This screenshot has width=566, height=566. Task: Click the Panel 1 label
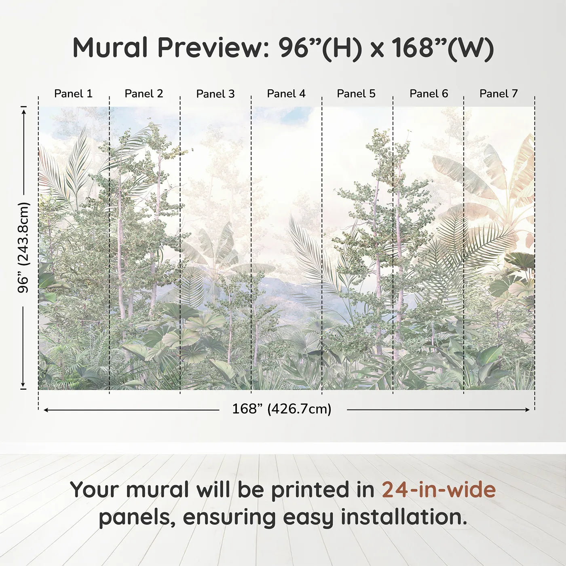(73, 93)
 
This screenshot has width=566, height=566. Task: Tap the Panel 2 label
(144, 93)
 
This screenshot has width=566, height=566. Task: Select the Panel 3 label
(215, 94)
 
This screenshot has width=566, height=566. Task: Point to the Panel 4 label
(286, 93)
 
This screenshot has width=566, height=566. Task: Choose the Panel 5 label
(356, 93)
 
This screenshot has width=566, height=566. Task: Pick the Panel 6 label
(429, 93)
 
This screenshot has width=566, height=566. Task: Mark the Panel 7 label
(498, 93)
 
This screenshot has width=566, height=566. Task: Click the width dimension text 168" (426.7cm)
(281, 409)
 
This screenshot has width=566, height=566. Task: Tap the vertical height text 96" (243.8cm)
(23, 247)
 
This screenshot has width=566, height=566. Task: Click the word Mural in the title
(110, 48)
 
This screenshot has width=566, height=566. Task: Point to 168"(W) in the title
(442, 48)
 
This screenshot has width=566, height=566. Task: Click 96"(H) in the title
(319, 48)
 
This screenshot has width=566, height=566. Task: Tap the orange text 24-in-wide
(439, 490)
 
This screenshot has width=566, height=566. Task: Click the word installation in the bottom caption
(403, 517)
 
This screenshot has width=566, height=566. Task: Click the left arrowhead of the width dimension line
(46, 410)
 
